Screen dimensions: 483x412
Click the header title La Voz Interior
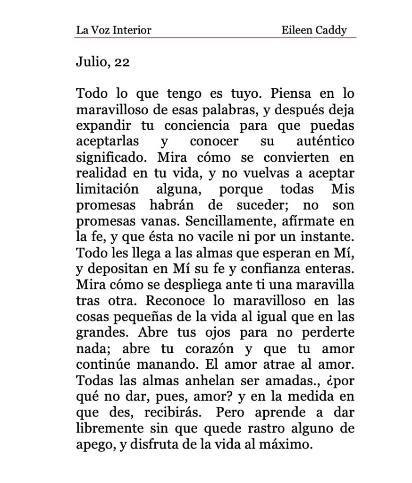113,31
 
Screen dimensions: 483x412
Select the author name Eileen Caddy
314,31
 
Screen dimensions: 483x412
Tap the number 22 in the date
121,62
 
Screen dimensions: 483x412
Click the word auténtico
326,142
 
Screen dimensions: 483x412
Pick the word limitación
108,190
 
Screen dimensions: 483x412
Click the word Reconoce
174,301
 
